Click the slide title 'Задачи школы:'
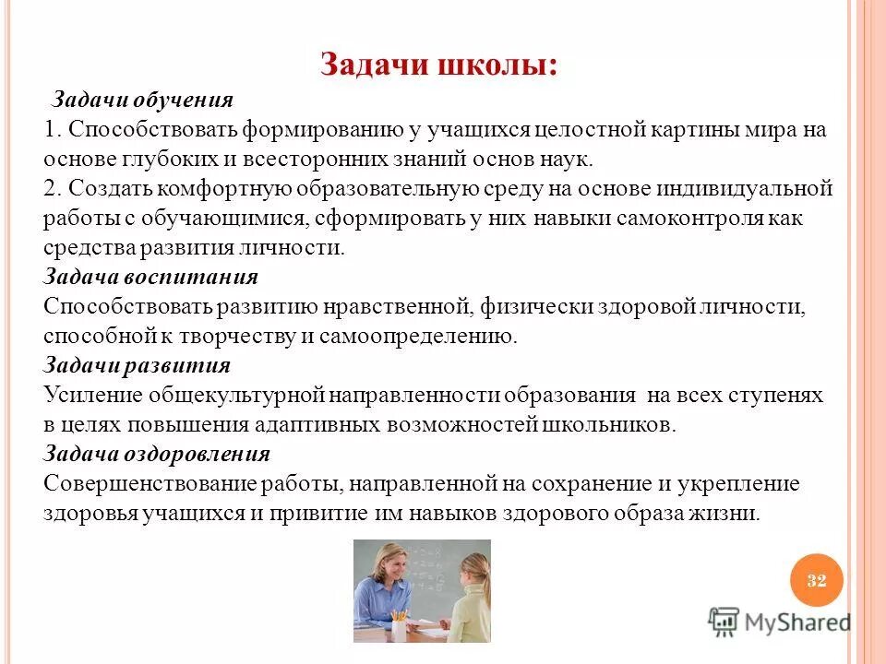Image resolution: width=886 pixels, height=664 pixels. click(x=438, y=65)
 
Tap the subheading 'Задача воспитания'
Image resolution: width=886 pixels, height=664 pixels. click(x=150, y=277)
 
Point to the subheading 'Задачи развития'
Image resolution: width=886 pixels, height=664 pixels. click(x=137, y=365)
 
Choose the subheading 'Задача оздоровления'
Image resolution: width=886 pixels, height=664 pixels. click(x=157, y=454)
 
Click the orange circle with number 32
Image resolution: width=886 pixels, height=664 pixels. click(x=816, y=580)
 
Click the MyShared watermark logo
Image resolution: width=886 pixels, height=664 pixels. click(x=780, y=622)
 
